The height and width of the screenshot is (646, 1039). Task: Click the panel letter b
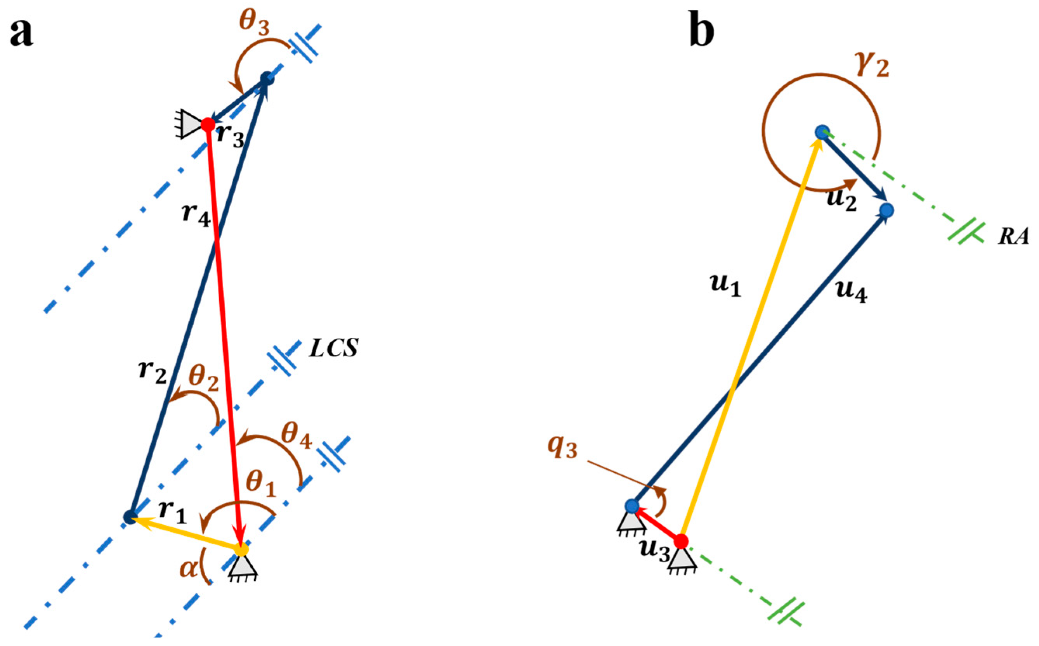point(701,33)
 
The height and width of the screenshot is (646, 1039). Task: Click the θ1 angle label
point(261,485)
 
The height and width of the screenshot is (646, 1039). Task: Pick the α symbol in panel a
point(188,570)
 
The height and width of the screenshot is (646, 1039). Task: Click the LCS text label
point(333,348)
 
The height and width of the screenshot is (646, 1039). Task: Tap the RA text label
point(1013,236)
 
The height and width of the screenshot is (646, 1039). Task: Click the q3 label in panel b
point(563,448)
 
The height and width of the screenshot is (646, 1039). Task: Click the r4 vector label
point(196,214)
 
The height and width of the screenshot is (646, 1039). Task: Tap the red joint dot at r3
point(208,125)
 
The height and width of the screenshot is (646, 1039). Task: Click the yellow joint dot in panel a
point(241,549)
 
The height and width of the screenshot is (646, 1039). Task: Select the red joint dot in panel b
point(681,541)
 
